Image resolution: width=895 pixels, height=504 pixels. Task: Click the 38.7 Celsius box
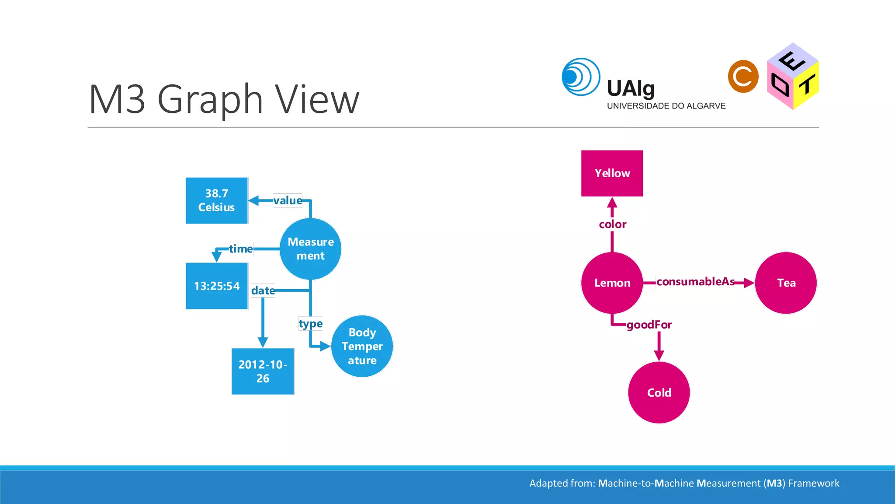[216, 200]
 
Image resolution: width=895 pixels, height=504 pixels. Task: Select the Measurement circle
[310, 248]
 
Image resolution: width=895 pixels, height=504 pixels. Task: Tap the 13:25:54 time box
[216, 286]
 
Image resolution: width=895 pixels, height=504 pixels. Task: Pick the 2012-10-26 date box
[263, 371]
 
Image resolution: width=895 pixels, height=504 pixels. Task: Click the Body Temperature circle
[362, 346]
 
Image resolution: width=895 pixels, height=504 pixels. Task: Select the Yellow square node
[612, 173]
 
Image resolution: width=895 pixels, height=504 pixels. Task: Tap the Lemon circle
[612, 283]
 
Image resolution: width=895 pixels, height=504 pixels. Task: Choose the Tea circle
[786, 283]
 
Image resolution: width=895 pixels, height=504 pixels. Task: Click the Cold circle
[659, 392]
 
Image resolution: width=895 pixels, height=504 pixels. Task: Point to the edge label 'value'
[288, 200]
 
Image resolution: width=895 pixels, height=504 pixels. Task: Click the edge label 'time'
[241, 249]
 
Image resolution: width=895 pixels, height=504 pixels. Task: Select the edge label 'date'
[263, 290]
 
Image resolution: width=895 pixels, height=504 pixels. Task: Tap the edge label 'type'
[310, 324]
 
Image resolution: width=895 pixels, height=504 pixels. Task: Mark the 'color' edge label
[612, 224]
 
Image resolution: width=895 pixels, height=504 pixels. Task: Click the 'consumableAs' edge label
[695, 281]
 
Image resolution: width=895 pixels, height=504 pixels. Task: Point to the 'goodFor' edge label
[649, 325]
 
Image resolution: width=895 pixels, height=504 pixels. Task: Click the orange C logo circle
[743, 77]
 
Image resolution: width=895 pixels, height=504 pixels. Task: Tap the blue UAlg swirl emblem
[581, 77]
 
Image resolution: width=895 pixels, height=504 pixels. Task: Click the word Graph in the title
[210, 100]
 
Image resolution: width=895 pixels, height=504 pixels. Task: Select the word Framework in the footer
[814, 483]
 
